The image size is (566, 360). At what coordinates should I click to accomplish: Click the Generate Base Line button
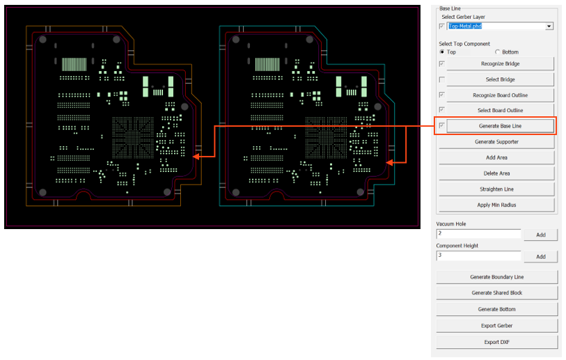pyautogui.click(x=500, y=126)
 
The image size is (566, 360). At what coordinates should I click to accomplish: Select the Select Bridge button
pyautogui.click(x=500, y=79)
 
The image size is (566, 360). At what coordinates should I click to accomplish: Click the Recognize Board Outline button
pyautogui.click(x=500, y=95)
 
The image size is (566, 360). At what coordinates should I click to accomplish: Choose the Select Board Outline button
pyautogui.click(x=500, y=111)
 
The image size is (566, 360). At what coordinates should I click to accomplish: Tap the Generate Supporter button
pyautogui.click(x=496, y=142)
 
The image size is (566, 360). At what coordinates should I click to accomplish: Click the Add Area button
pyautogui.click(x=496, y=157)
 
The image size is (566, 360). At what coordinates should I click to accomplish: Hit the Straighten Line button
pyautogui.click(x=496, y=189)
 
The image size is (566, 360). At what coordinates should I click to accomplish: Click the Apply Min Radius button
pyautogui.click(x=496, y=205)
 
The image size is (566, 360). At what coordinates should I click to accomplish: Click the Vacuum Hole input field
pyautogui.click(x=478, y=234)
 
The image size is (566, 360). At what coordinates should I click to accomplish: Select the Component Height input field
pyautogui.click(x=478, y=256)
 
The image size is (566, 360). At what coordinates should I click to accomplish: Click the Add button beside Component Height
pyautogui.click(x=540, y=257)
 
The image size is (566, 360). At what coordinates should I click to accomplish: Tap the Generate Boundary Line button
pyautogui.click(x=496, y=277)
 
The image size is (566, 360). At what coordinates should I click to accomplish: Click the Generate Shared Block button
pyautogui.click(x=496, y=293)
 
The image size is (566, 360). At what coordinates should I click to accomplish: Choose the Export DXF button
pyautogui.click(x=496, y=342)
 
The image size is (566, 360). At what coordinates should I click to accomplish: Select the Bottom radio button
pyautogui.click(x=497, y=52)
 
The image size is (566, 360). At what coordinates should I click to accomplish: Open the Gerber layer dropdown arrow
pyautogui.click(x=549, y=26)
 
